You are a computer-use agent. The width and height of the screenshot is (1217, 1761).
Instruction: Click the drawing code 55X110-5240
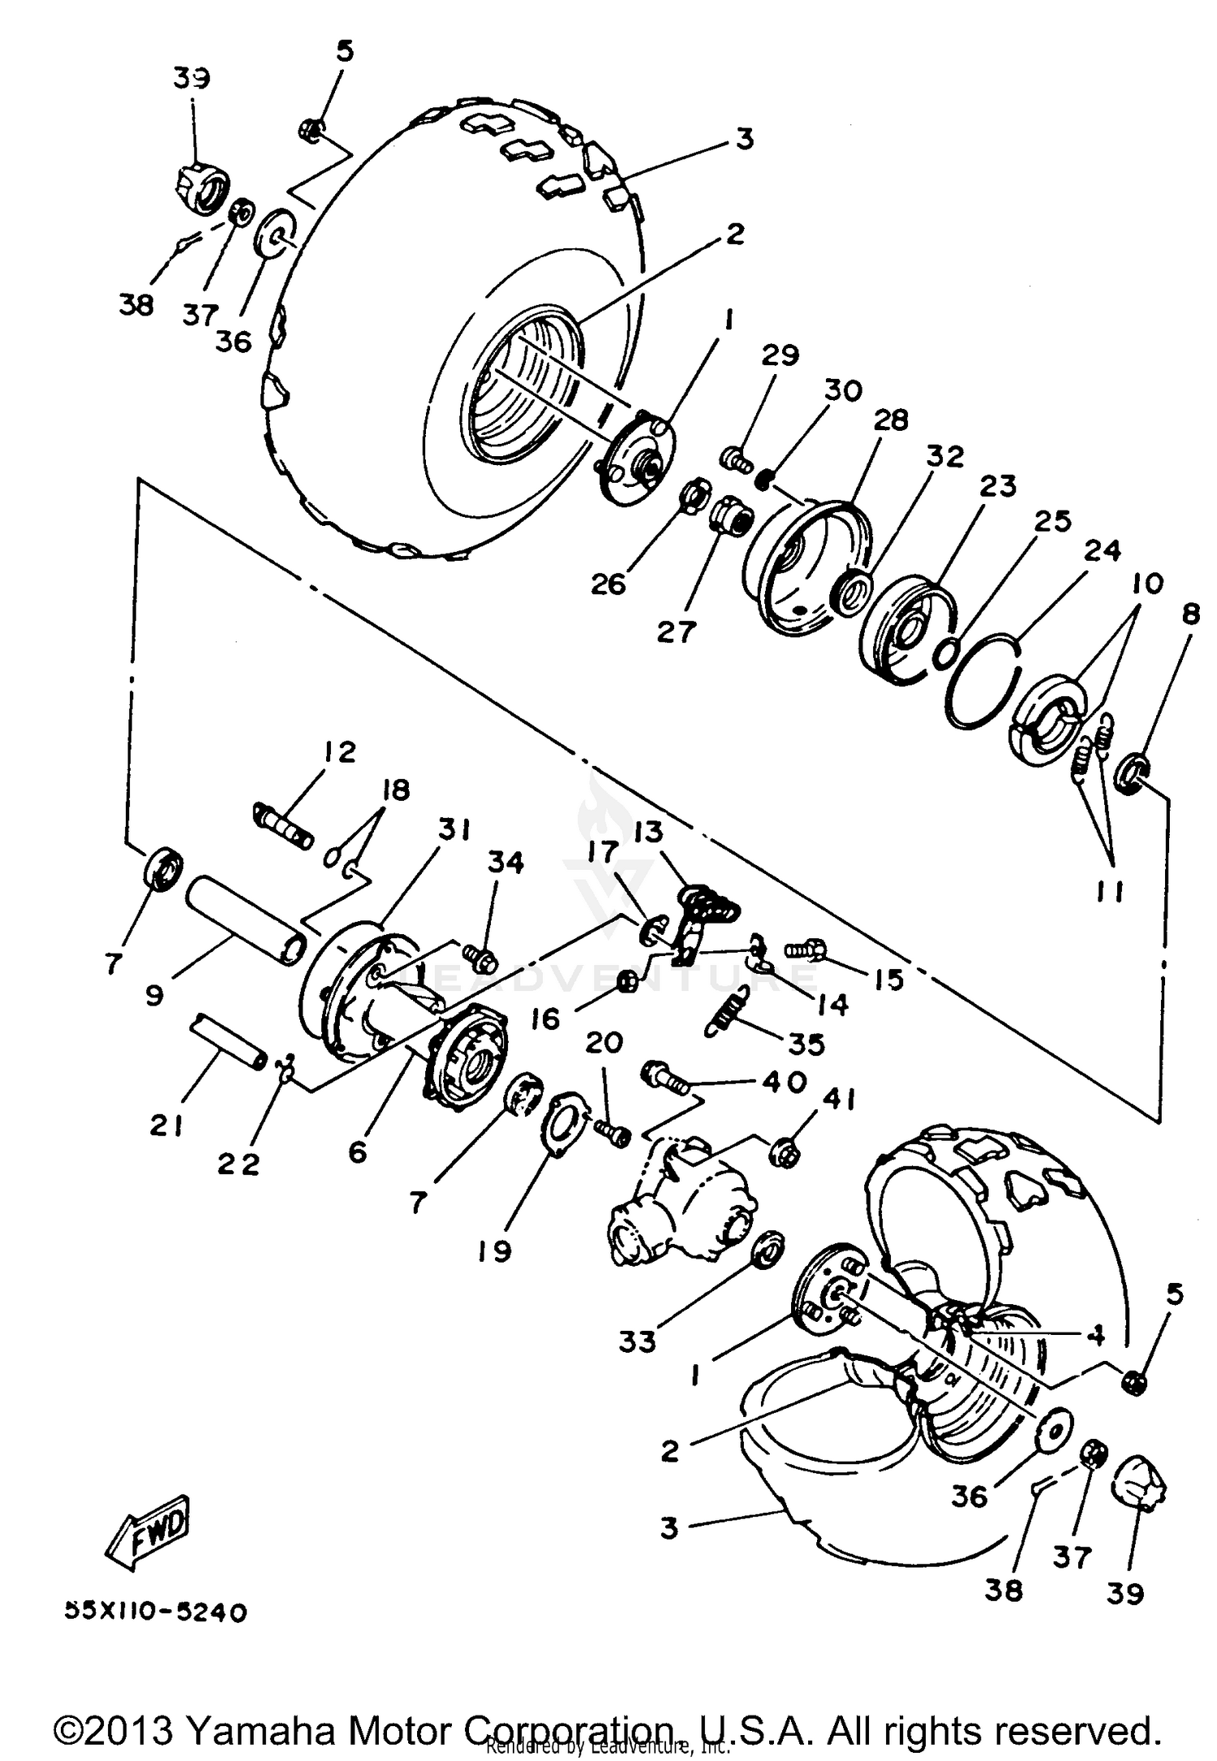click(155, 1612)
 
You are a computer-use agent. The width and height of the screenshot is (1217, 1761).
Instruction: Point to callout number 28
click(890, 420)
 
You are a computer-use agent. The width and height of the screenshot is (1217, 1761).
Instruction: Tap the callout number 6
click(358, 1151)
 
